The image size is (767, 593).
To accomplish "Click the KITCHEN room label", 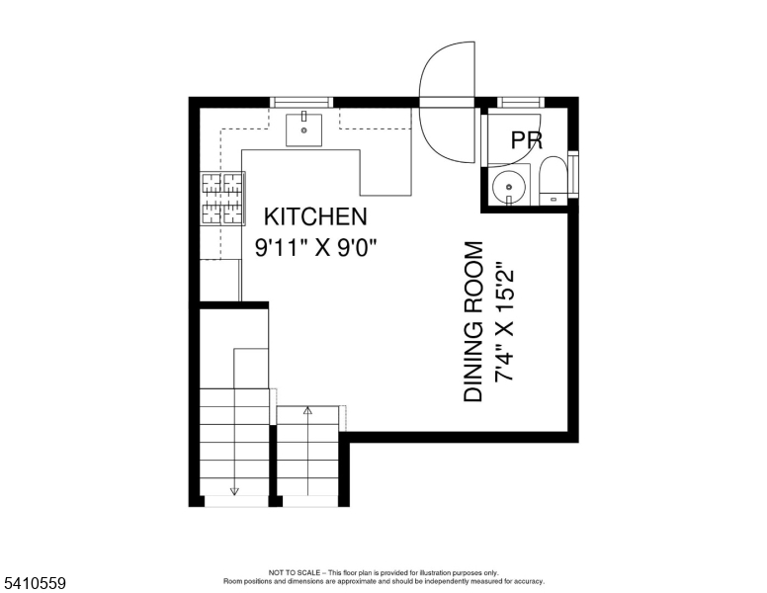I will coord(314,216).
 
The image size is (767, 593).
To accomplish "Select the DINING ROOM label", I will coord(474,321).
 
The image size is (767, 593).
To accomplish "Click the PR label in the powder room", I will coord(526,141).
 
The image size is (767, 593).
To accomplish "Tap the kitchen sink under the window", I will coord(304,128).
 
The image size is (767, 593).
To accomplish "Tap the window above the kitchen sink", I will coord(302,101).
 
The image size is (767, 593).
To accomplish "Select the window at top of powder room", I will coord(522,101).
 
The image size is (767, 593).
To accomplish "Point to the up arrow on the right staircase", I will coord(307,410).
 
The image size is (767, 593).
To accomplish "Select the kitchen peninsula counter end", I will coord(385,178).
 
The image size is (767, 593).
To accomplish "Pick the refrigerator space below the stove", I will coord(220,280).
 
